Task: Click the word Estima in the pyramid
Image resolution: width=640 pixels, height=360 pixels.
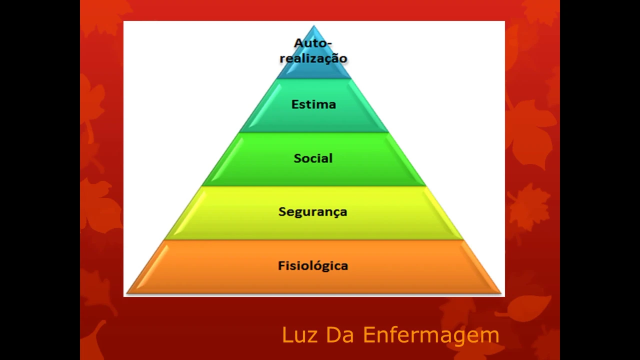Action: tap(313, 104)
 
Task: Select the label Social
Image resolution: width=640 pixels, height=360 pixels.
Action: tap(313, 158)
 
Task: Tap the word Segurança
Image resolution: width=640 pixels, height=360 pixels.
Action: tap(312, 212)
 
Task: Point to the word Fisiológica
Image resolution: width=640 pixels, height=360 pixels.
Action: tap(313, 265)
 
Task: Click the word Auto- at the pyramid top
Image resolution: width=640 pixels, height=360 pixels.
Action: tap(312, 43)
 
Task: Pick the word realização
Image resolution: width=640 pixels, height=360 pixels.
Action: tap(313, 58)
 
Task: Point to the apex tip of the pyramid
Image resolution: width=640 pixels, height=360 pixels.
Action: tap(314, 26)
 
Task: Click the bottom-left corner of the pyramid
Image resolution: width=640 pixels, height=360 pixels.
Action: tap(128, 292)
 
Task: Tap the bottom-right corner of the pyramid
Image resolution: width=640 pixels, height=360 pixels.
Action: tap(500, 292)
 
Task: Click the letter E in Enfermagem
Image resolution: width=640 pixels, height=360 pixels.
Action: tap(369, 335)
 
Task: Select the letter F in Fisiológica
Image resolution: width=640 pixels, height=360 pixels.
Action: tap(281, 265)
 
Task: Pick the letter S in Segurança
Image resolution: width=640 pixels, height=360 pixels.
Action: tap(282, 211)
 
